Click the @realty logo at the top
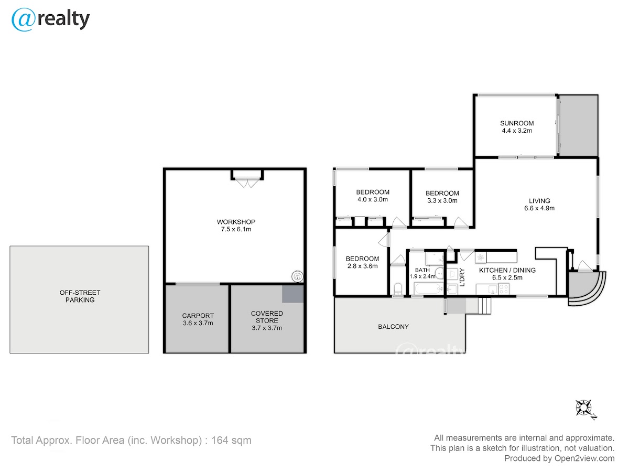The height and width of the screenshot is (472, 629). coord(50,19)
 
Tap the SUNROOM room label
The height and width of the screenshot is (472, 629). coord(517,123)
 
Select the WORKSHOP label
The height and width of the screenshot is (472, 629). coord(236,222)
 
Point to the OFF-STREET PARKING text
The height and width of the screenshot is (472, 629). coord(80,296)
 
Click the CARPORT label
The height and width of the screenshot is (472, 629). coord(198,316)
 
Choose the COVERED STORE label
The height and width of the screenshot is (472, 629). coord(267,317)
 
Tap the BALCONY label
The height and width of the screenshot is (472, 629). coord(393,327)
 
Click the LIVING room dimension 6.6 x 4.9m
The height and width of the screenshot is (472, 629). coord(539,208)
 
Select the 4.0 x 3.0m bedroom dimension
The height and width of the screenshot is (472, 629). coord(373,199)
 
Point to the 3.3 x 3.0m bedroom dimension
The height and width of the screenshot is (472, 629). coord(442,201)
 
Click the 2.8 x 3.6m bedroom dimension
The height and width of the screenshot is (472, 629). coord(362,266)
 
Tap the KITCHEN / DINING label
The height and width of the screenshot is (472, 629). coord(507,270)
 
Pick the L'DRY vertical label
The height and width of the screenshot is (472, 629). coord(462,277)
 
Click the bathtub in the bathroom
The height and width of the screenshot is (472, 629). coord(428,288)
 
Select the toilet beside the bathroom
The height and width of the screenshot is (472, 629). coord(398,289)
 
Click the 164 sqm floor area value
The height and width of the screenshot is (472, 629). coord(231,440)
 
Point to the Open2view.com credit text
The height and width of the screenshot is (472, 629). coord(584,458)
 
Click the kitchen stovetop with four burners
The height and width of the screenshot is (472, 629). coord(504,289)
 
